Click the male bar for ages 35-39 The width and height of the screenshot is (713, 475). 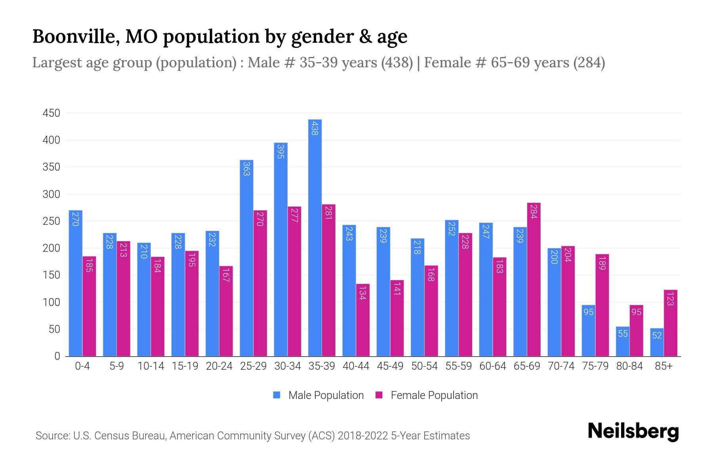point(315,237)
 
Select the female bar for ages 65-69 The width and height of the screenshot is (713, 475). point(534,279)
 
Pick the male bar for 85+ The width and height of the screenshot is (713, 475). point(657,342)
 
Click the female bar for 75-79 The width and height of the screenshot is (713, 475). point(602,305)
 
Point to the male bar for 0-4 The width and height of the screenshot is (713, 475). point(76,283)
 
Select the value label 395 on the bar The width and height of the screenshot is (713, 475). point(280,152)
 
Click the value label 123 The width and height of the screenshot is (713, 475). point(670,298)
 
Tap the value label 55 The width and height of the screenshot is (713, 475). point(623,334)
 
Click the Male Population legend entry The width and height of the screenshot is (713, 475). point(319,395)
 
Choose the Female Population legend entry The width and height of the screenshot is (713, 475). point(427,395)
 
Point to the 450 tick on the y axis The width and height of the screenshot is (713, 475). point(51,113)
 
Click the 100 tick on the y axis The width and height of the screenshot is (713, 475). point(51,302)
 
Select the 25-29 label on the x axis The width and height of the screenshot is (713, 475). point(254,366)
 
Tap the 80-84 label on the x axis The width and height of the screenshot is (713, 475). point(629,366)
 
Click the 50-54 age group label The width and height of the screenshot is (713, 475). point(424,366)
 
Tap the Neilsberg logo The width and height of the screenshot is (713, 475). point(633,431)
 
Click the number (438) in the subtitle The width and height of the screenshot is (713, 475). point(397,63)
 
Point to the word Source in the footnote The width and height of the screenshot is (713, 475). point(52,436)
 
